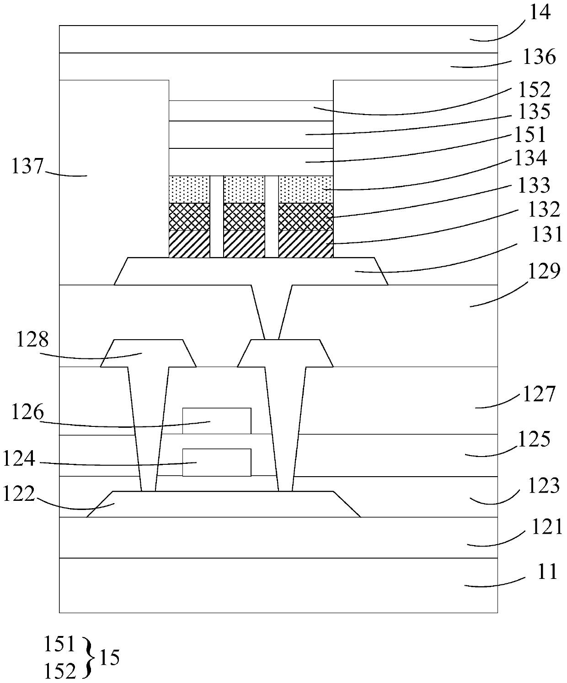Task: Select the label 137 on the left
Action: [27, 166]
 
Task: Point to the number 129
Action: [544, 272]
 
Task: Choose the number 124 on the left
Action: [19, 458]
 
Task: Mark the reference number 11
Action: [547, 571]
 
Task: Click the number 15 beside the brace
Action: [109, 658]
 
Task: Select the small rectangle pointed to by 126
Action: [217, 420]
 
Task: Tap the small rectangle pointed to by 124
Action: [217, 462]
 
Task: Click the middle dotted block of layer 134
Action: [244, 189]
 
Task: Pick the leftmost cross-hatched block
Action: [189, 216]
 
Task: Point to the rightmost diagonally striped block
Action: [305, 244]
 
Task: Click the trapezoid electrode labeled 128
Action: [148, 353]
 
